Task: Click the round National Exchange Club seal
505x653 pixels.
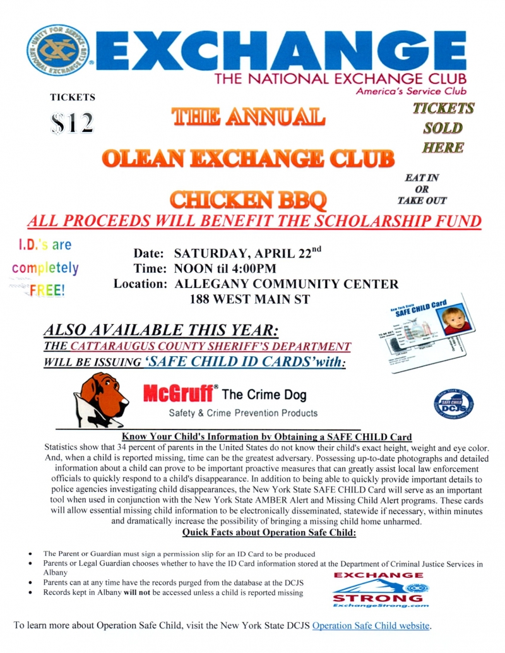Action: (x=58, y=50)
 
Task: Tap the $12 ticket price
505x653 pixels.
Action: (x=71, y=122)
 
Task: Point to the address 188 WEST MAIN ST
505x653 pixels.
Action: (x=251, y=299)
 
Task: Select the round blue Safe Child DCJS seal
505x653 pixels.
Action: (x=454, y=404)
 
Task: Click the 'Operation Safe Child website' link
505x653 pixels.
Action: (x=371, y=626)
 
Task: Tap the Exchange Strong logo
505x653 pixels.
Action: (x=378, y=590)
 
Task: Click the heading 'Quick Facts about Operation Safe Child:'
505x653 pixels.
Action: (x=270, y=534)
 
